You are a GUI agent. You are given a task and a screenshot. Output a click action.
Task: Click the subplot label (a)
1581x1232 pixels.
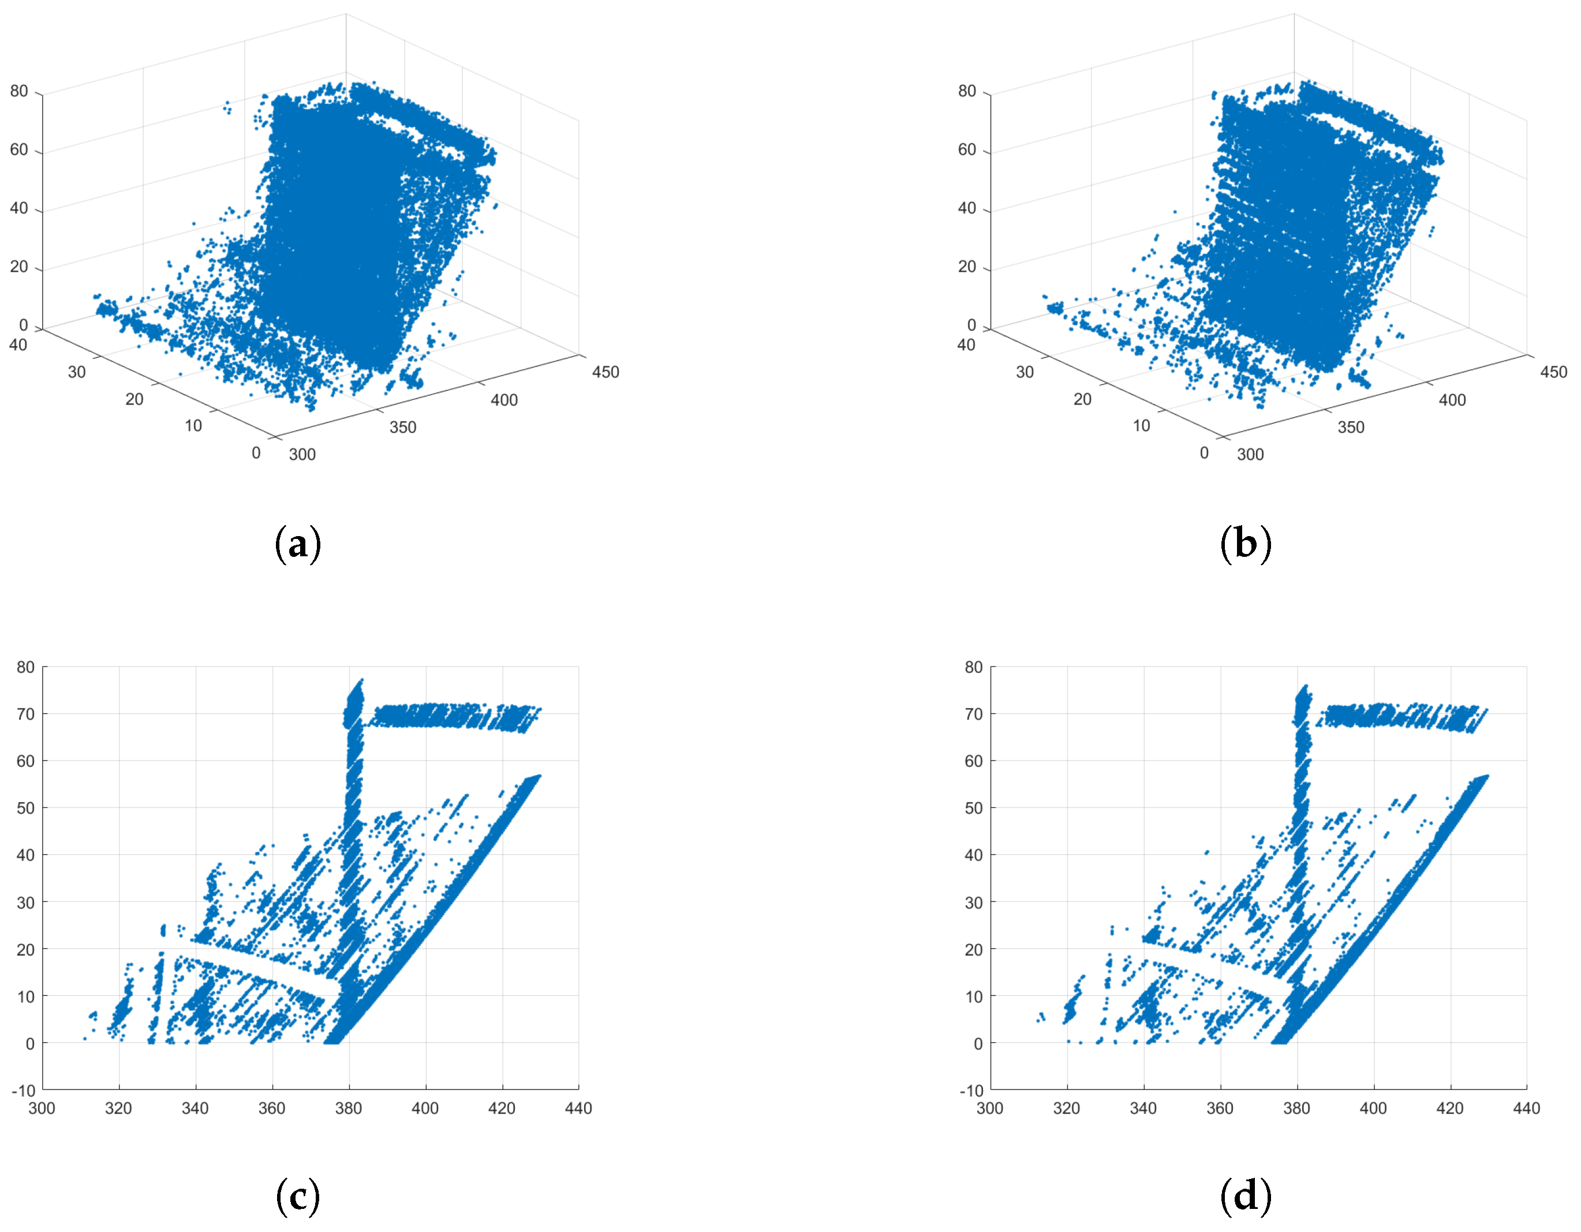tap(297, 544)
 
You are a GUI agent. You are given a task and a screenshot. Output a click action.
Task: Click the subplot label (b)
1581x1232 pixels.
tap(1245, 544)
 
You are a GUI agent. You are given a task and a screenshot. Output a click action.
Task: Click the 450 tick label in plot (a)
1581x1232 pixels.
tap(605, 372)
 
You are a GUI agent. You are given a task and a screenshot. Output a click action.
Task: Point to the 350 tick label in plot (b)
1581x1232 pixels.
tap(1351, 427)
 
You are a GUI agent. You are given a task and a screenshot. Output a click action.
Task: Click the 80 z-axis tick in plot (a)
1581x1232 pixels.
tap(19, 91)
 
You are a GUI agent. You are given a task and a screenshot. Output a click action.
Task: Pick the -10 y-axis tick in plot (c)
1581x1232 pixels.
tap(23, 1090)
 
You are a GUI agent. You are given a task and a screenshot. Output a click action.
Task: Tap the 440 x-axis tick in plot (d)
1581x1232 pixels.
tap(1527, 1108)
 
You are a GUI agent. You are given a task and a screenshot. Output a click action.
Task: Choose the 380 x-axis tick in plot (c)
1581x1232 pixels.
tap(349, 1108)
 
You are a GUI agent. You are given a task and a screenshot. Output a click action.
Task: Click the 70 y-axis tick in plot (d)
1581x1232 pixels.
tap(974, 714)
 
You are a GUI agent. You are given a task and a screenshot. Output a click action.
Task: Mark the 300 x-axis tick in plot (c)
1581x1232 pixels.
tap(42, 1108)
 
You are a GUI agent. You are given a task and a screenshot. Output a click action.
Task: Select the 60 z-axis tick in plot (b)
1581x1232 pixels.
tap(967, 150)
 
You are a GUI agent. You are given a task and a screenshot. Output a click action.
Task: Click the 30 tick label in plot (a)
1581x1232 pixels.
tap(77, 372)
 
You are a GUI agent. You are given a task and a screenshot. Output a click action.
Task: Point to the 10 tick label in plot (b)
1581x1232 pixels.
tap(1141, 426)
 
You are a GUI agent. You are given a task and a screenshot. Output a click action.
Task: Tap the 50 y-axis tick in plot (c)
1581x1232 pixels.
tap(25, 808)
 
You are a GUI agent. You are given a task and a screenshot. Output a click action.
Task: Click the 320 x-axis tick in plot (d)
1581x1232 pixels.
tap(1067, 1108)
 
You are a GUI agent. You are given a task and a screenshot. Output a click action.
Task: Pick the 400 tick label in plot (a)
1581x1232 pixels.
tap(504, 399)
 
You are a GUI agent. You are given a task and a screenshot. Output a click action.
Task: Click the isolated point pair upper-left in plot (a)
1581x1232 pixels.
tap(227, 107)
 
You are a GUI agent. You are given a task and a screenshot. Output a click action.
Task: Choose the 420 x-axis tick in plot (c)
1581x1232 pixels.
tap(502, 1108)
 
